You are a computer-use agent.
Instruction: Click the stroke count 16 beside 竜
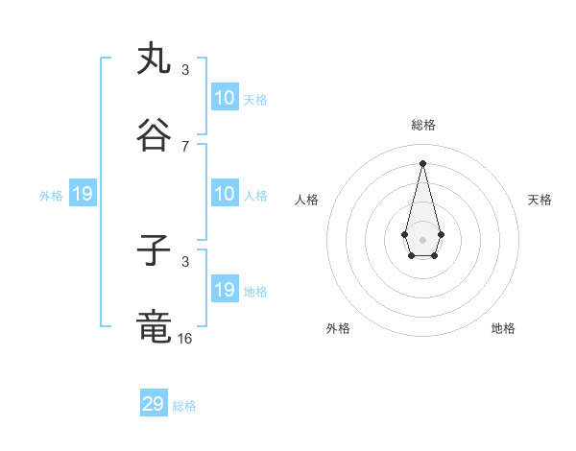[x=185, y=338]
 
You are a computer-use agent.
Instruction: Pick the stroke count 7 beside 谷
[x=185, y=146]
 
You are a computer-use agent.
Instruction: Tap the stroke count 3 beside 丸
[x=185, y=70]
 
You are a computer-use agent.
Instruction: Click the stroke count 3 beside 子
[x=185, y=261]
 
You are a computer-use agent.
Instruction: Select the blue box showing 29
[x=154, y=404]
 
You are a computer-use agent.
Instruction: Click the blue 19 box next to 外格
[x=82, y=195]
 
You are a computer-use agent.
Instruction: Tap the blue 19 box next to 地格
[x=224, y=290]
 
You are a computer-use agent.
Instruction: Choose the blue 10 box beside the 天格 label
[x=224, y=98]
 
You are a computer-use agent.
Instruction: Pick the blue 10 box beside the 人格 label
[x=224, y=195]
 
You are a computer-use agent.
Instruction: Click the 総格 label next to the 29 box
[x=184, y=406]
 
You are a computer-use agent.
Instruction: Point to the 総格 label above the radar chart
[x=422, y=125]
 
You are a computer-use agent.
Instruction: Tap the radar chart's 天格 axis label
[x=540, y=200]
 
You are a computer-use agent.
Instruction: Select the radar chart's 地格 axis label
[x=503, y=328]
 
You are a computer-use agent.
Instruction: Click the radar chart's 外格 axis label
[x=338, y=328]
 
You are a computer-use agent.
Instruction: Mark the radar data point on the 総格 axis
[x=422, y=162]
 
